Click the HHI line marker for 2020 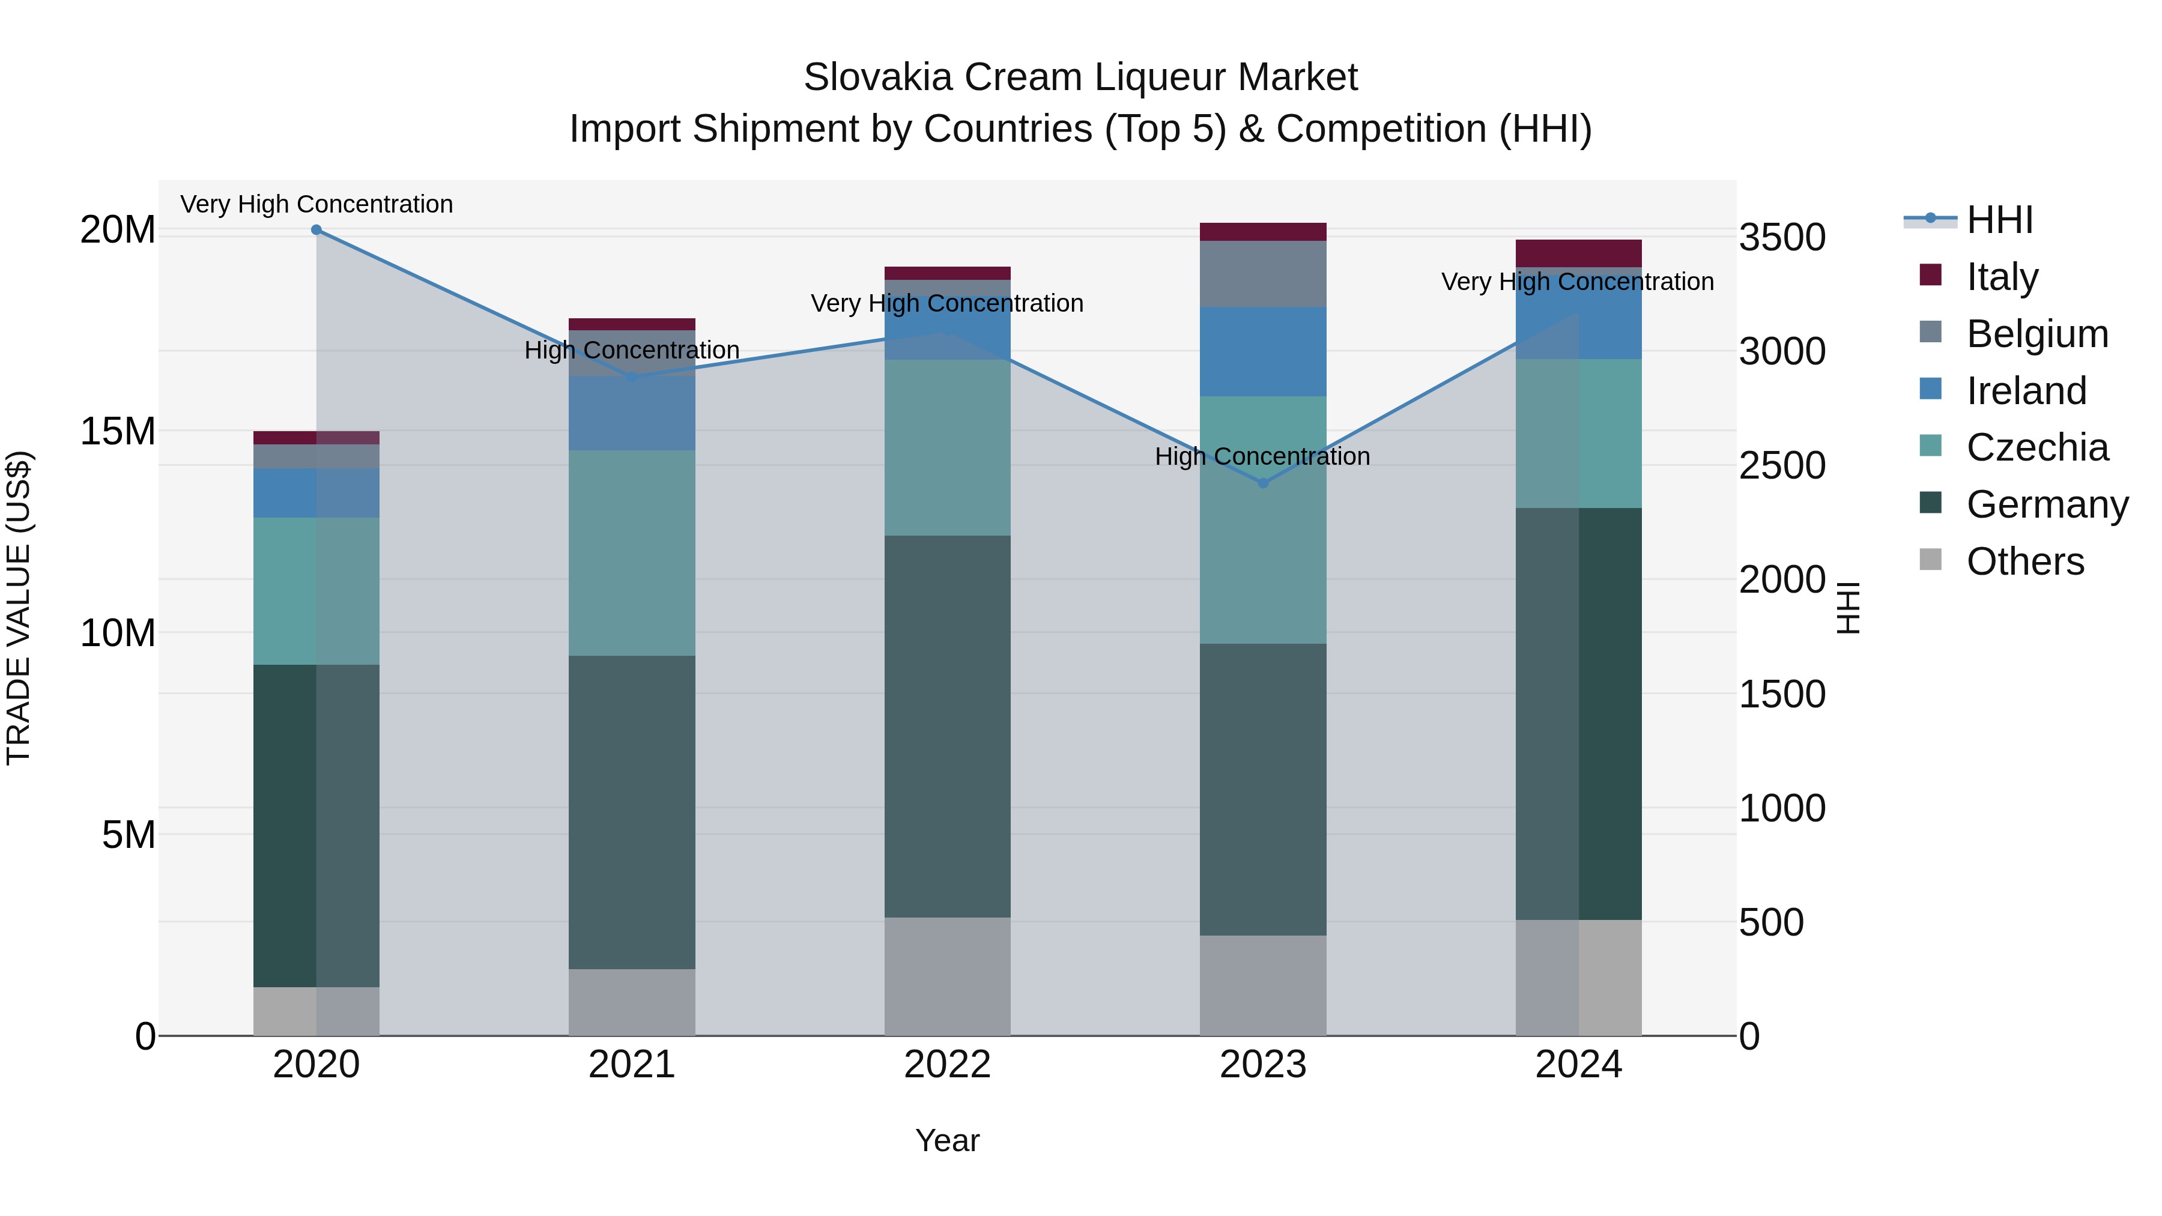(x=316, y=230)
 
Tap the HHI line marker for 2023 (x=1263, y=483)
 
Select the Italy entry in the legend (x=2002, y=277)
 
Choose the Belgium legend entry (x=2037, y=334)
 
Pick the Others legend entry (x=2024, y=561)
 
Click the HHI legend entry (x=1999, y=220)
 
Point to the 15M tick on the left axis (x=118, y=431)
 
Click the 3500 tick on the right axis (x=1782, y=237)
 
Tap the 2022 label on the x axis (x=948, y=1065)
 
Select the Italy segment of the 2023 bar (x=1263, y=232)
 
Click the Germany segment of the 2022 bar (x=948, y=726)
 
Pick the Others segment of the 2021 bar (x=632, y=1002)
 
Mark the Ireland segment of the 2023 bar (x=1263, y=352)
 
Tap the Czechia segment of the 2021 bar (x=632, y=553)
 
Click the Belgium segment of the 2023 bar (x=1263, y=274)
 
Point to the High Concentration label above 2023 (x=1262, y=456)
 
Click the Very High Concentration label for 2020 (x=316, y=204)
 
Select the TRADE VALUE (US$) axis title (x=19, y=608)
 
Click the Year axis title (x=948, y=1140)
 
